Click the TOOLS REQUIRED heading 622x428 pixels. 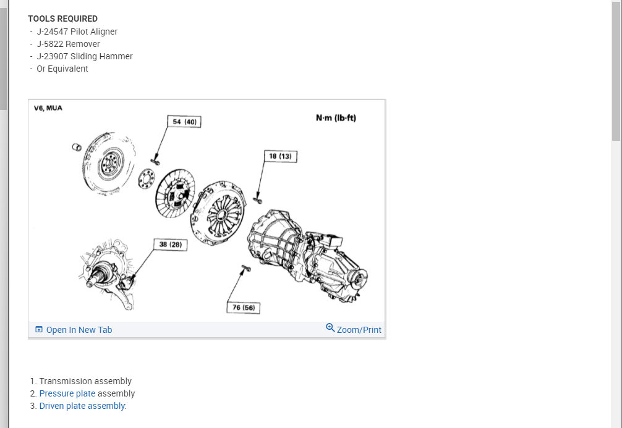(62, 19)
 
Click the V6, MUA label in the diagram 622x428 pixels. (48, 108)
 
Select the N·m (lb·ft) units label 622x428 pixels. (336, 118)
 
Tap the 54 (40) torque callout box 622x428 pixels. (184, 122)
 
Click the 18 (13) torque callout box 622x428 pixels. (281, 156)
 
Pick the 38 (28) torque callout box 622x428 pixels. (171, 245)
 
